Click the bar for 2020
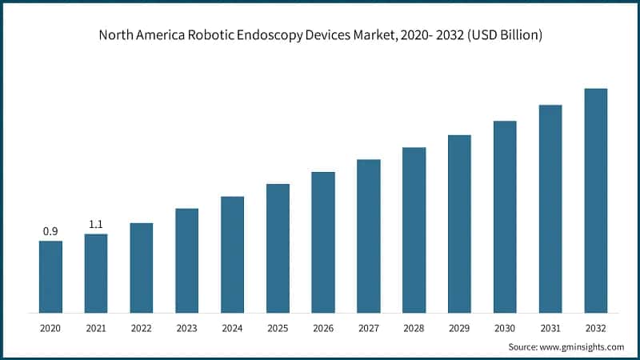[50, 276]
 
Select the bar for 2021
[96, 273]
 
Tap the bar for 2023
[187, 260]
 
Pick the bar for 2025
[278, 248]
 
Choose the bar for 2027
[369, 235]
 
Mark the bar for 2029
[459, 223]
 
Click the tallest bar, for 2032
[596, 200]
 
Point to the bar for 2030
[505, 216]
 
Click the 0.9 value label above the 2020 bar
[50, 231]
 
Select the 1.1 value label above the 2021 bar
[96, 225]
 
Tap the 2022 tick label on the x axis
[142, 329]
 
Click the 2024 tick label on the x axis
[232, 329]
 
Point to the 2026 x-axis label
[323, 329]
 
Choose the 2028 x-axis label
[414, 329]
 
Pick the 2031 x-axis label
[550, 329]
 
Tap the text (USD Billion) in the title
[502, 35]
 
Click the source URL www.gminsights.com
[582, 347]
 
